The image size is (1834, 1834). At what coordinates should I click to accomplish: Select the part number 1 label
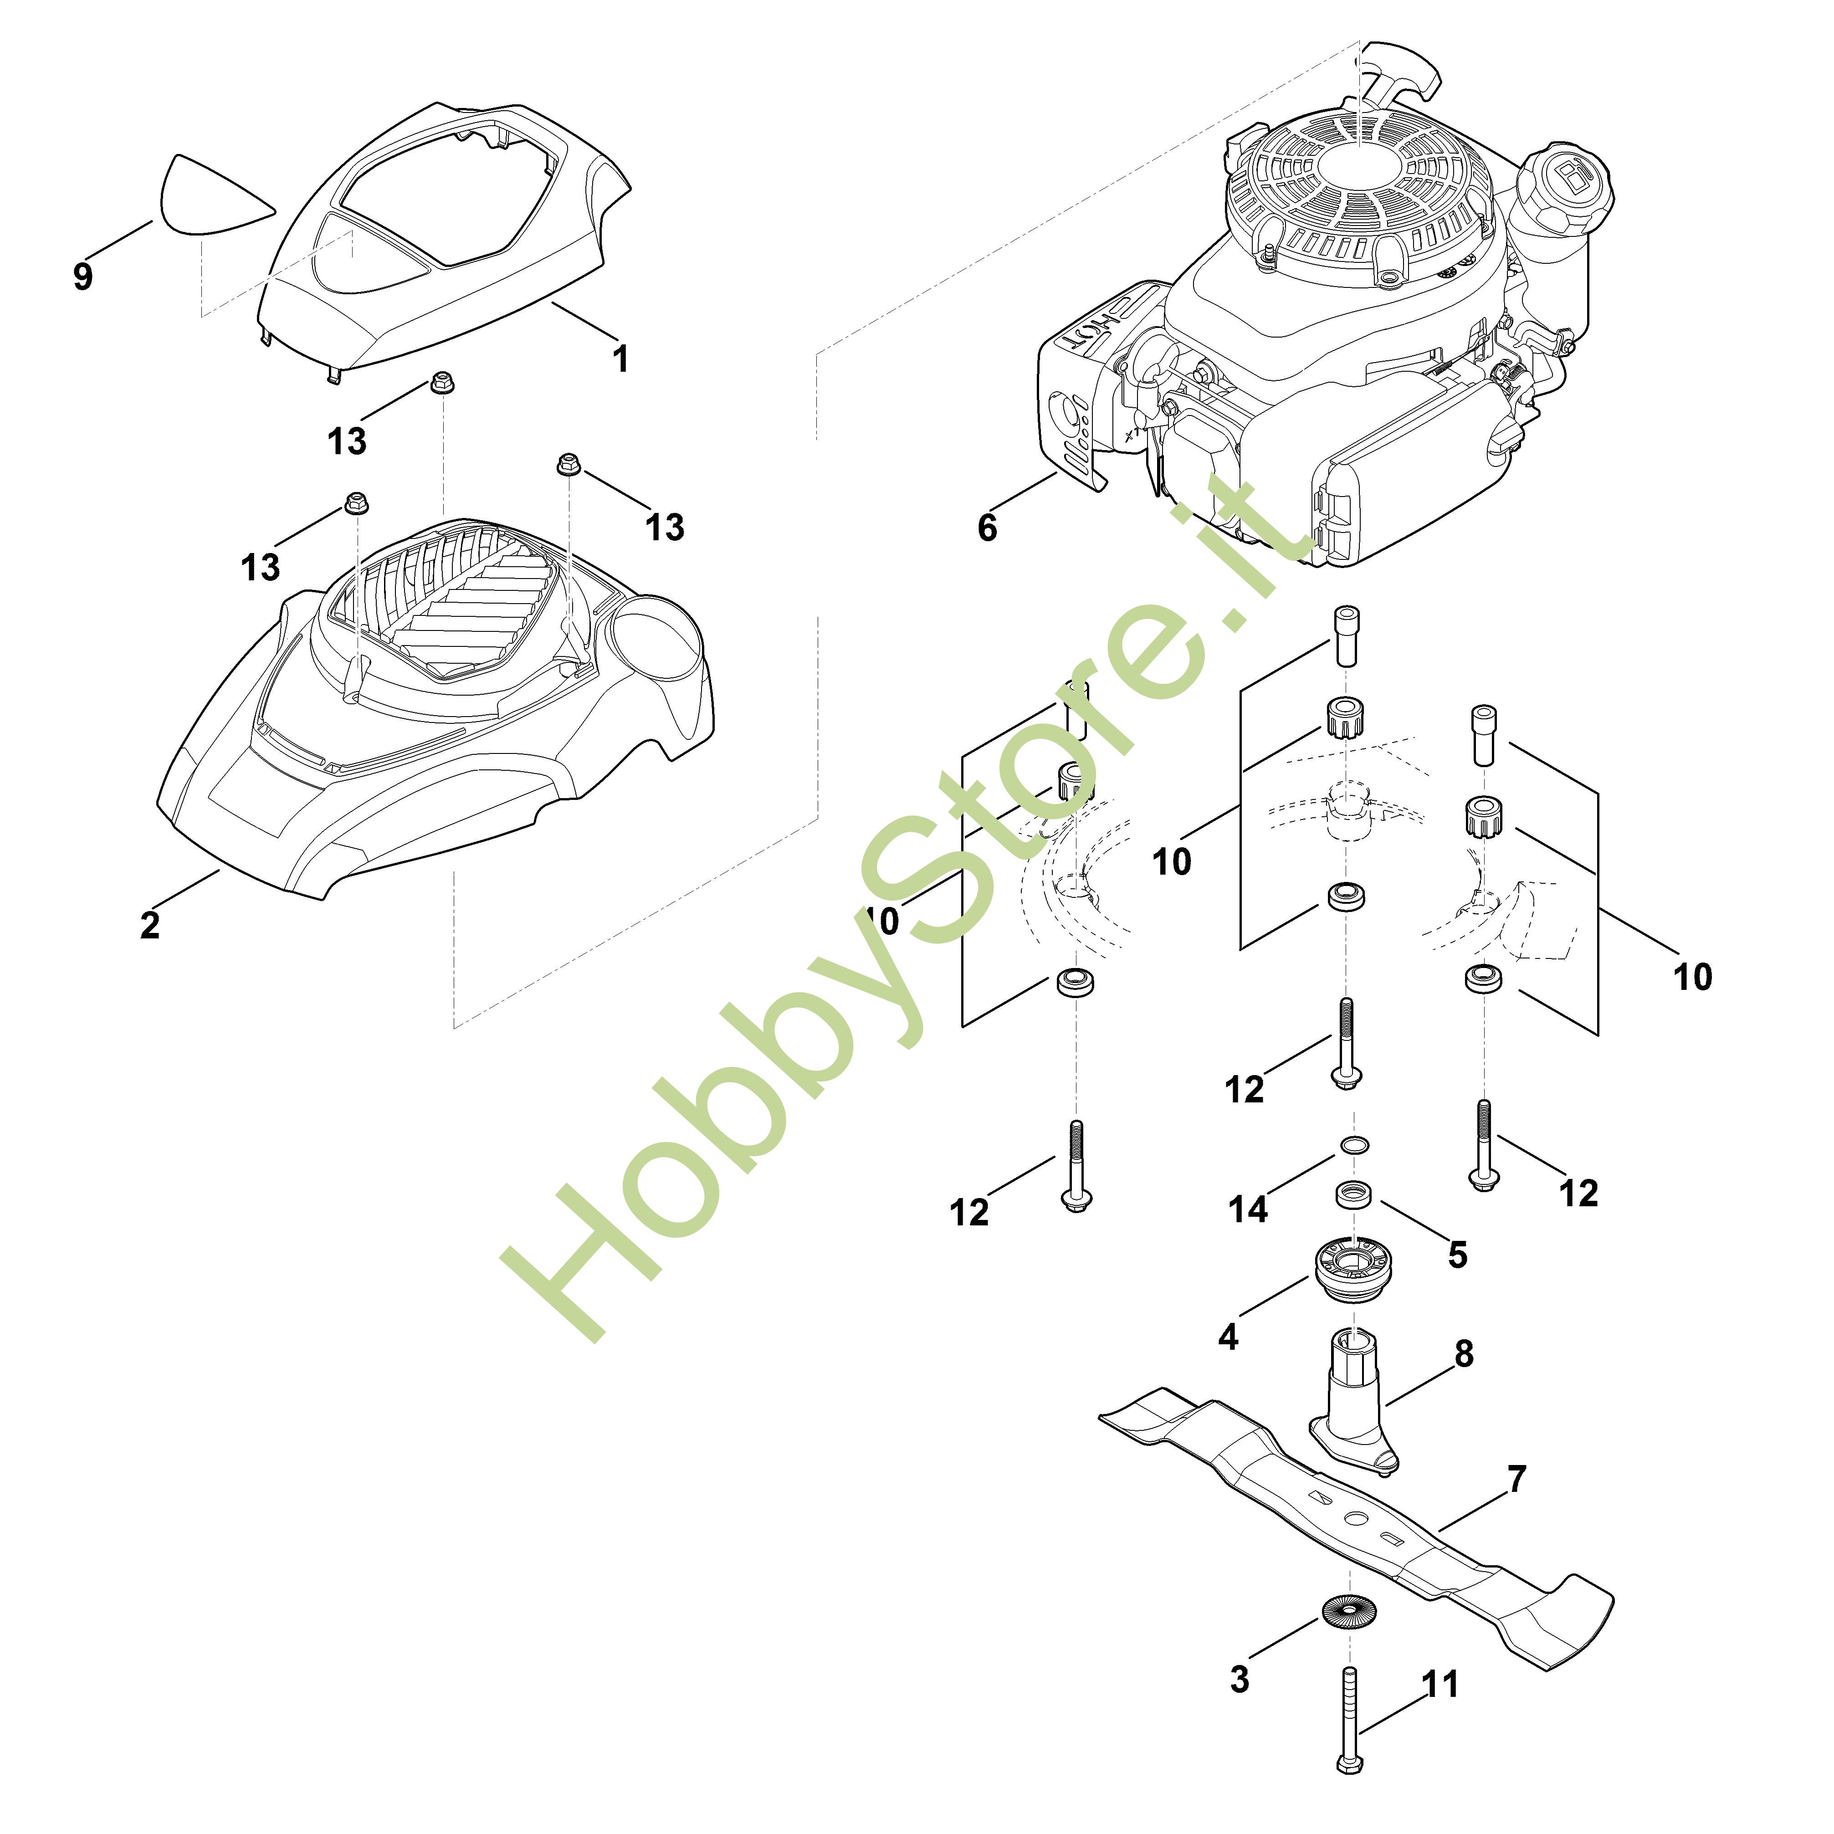(x=621, y=359)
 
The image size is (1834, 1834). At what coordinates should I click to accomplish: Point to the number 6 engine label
(x=987, y=528)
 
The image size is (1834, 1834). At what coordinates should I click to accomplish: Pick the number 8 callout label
(x=1464, y=1352)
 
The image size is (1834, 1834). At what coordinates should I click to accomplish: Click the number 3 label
(x=1240, y=1678)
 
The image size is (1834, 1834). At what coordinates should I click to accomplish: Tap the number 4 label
(x=1229, y=1337)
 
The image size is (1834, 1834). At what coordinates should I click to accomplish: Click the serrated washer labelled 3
(x=1349, y=1611)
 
